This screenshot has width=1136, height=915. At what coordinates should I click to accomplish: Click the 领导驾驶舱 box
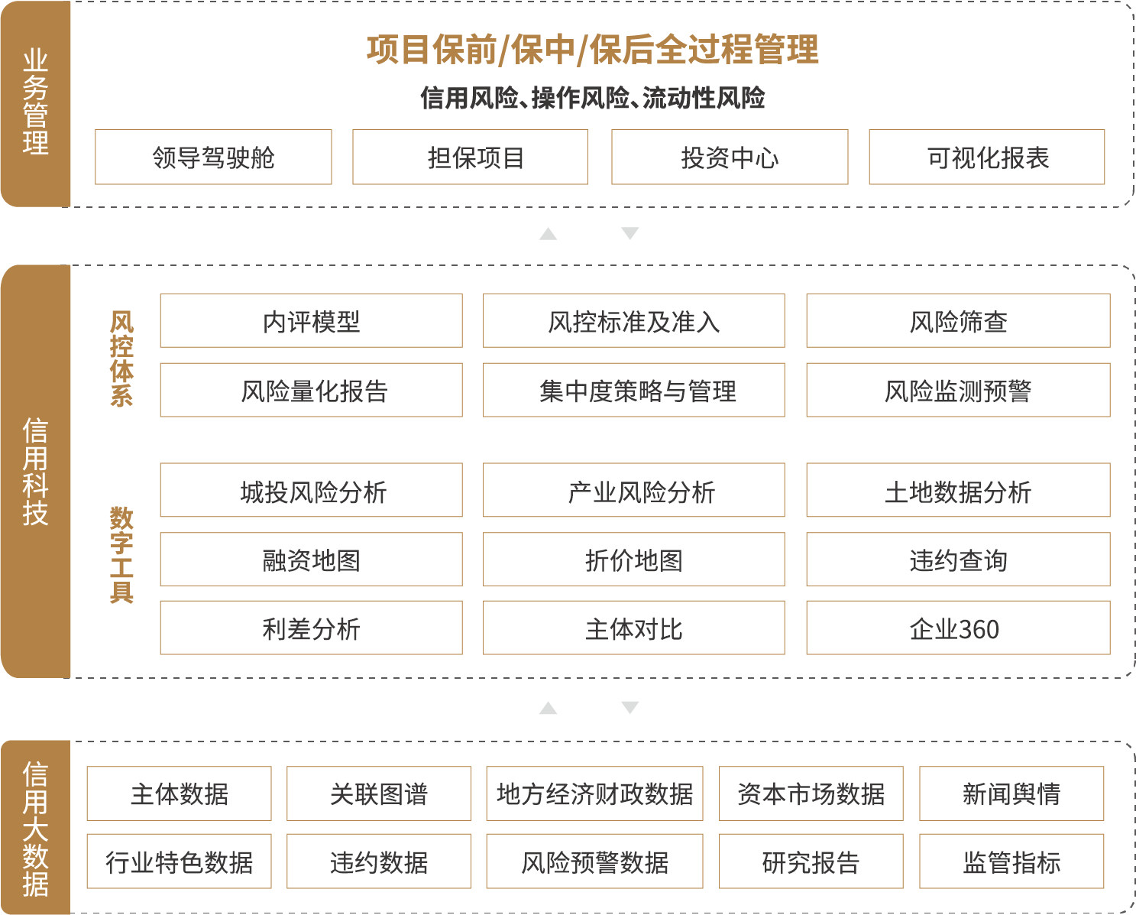[x=213, y=157]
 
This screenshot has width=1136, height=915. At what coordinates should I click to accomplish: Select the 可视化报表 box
[x=987, y=157]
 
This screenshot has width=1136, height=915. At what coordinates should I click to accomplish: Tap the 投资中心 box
[x=730, y=157]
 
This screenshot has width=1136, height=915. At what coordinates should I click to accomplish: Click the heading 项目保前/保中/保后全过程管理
[x=593, y=50]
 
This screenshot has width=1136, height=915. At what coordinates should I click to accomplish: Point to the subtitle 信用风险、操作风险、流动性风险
[x=593, y=98]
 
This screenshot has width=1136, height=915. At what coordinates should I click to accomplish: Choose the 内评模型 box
[x=311, y=321]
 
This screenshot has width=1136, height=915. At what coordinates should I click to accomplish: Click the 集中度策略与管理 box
[x=633, y=391]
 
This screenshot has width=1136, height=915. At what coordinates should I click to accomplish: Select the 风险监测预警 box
[x=958, y=391]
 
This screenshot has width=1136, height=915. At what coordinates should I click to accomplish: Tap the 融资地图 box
[x=311, y=560]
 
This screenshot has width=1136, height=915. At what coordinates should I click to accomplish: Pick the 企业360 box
[x=958, y=628]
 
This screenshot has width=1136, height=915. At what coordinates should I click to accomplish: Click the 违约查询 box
[x=958, y=560]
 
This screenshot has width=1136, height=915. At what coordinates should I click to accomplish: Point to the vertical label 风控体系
[x=121, y=358]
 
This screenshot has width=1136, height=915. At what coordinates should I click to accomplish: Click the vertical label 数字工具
[x=121, y=554]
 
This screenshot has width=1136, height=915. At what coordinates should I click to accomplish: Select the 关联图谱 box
[x=379, y=793]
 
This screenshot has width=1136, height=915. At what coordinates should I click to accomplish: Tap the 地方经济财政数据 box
[x=594, y=793]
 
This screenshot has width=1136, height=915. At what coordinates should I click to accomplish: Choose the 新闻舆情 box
[x=1011, y=793]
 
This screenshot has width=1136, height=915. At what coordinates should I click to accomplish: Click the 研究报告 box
[x=811, y=861]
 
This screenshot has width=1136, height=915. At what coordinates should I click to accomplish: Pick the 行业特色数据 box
[x=179, y=861]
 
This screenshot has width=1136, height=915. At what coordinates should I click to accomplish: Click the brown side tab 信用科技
[x=35, y=472]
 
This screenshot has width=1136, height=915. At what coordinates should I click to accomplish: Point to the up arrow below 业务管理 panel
[x=548, y=234]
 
